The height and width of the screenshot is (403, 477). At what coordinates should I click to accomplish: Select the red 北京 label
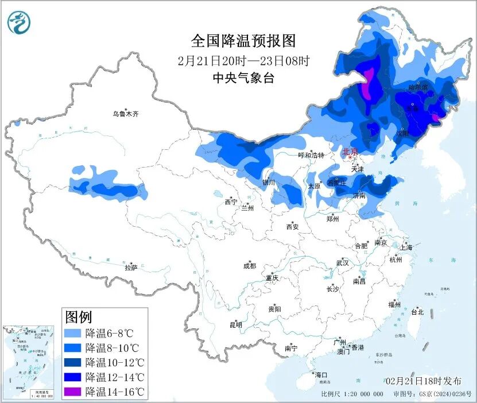coord(350,152)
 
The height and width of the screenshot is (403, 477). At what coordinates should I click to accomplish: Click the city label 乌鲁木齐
coord(125,114)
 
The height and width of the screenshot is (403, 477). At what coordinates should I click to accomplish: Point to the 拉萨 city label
coord(131,267)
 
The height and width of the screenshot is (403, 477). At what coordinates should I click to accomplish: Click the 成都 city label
coord(250,266)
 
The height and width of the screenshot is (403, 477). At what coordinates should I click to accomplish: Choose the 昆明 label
coord(236,325)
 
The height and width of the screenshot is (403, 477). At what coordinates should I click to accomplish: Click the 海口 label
coord(321,375)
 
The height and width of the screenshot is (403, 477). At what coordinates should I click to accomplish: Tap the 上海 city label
coord(406,248)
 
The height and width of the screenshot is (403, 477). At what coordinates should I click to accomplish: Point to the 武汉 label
coord(343,263)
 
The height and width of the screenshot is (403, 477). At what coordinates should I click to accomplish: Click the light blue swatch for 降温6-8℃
coord(72,333)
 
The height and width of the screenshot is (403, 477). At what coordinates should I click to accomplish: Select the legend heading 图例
coord(78,316)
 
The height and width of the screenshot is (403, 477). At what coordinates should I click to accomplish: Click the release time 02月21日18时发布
coord(423,381)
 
